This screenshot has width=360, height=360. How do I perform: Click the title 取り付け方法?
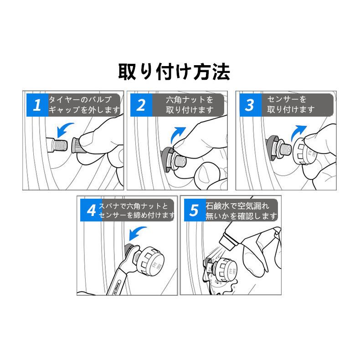pos(174,72)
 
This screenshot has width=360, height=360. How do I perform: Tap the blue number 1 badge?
pos(37,105)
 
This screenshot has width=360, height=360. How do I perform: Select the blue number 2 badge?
pos(141,105)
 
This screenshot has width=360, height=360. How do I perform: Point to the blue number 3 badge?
pos(251,105)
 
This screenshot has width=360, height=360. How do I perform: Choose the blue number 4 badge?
pos(91,210)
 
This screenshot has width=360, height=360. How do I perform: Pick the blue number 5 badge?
pos(195,210)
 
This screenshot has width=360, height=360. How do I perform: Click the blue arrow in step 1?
pos(65,130)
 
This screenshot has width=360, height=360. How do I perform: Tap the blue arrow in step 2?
pos(178,135)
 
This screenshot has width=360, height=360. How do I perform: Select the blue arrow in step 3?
pos(298,133)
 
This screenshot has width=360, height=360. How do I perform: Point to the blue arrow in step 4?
pos(137,233)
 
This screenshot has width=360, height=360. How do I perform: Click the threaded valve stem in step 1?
pos(57,145)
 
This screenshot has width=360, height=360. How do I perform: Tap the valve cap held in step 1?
pos(77,145)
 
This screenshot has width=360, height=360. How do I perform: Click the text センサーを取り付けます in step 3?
pos(291,104)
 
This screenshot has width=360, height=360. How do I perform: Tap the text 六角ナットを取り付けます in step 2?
pos(190,105)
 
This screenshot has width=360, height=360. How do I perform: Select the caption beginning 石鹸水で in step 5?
pos(242,211)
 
